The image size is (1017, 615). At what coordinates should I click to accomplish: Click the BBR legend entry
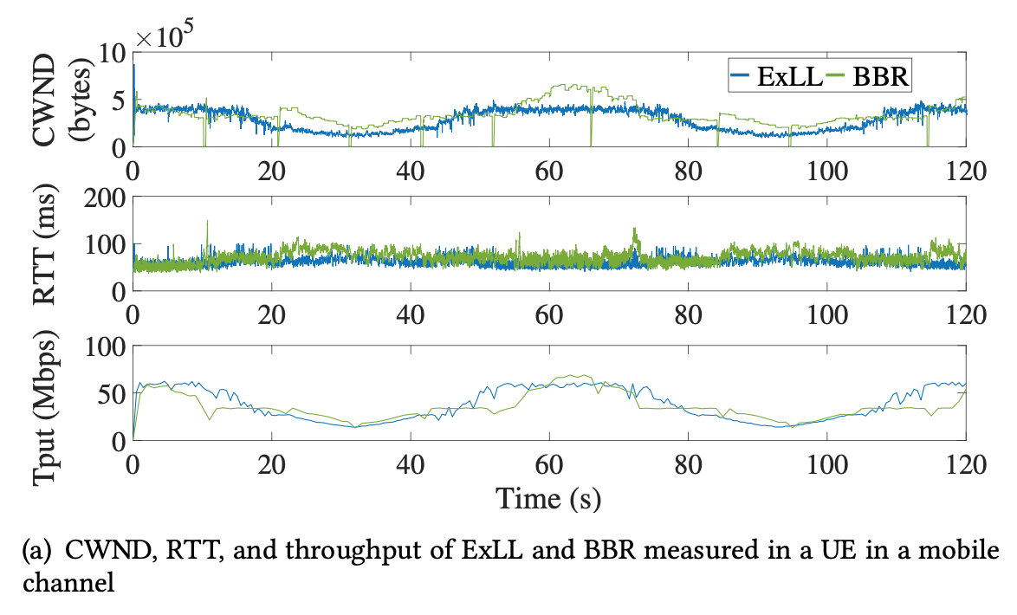(878, 77)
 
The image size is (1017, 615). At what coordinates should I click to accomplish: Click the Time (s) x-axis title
(548, 500)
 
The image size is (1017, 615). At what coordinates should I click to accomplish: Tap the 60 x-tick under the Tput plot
(548, 464)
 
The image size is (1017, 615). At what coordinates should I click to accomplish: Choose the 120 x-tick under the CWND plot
(964, 171)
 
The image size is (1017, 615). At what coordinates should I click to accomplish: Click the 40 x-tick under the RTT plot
(410, 314)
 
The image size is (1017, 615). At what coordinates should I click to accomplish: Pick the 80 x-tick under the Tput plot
(687, 464)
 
